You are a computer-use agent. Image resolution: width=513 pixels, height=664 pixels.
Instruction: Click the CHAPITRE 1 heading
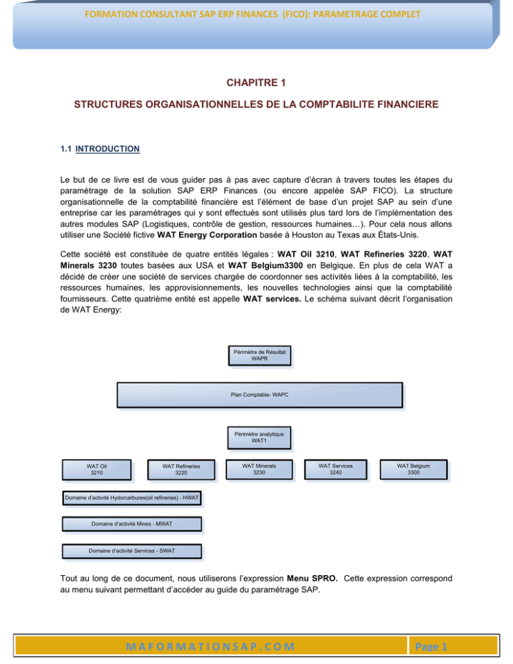(256, 83)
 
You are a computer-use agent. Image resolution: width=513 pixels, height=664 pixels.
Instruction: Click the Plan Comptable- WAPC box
(259, 394)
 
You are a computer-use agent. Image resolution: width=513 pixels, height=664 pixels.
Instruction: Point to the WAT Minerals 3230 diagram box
(259, 469)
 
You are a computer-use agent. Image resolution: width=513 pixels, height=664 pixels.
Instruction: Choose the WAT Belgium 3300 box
(413, 469)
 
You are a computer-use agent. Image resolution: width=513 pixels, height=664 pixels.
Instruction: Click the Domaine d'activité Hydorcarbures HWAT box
(132, 498)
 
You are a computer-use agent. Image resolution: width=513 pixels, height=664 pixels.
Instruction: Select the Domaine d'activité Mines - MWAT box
(132, 524)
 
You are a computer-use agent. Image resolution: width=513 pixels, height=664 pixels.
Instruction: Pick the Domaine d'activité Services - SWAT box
(132, 551)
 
